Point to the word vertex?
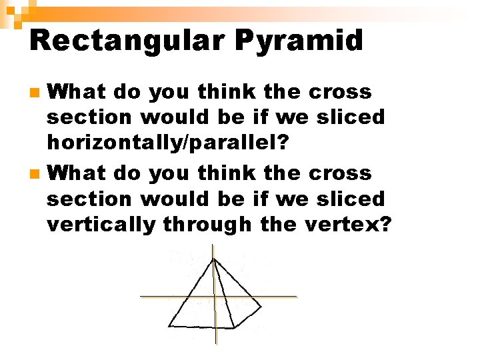[348, 225]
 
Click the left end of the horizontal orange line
[141, 296]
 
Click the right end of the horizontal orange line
[297, 296]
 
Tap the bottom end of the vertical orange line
[215, 344]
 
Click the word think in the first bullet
[215, 91]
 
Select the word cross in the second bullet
[341, 173]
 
